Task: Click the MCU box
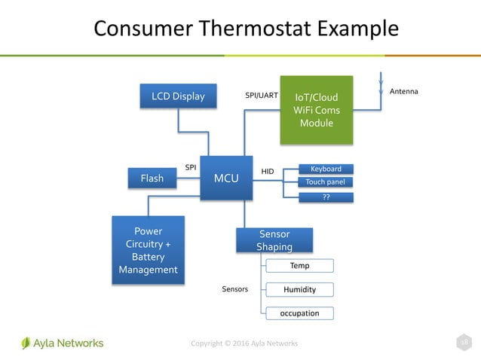(226, 178)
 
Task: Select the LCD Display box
(178, 96)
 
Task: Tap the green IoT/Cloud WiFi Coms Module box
(316, 110)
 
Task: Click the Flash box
(152, 178)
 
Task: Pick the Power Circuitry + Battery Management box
(148, 250)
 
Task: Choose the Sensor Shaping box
(274, 240)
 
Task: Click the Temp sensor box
(299, 266)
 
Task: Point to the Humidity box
(299, 289)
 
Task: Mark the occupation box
(299, 313)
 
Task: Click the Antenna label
(403, 91)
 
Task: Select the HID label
(268, 172)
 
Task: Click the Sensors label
(235, 289)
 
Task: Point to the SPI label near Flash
(191, 166)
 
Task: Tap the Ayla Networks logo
(63, 343)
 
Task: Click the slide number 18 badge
(465, 343)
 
